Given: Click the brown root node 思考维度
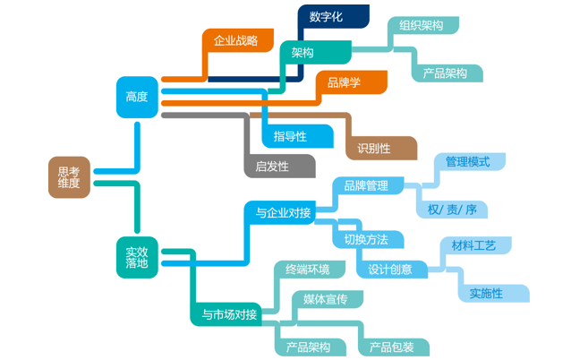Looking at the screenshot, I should pos(69,176).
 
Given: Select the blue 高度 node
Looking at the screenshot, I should pos(137,97).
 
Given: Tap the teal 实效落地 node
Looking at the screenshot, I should pos(137,256).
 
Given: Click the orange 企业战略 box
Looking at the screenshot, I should pos(236,40).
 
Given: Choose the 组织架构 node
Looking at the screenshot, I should pos(422,26).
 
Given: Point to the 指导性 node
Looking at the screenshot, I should pos(290,136).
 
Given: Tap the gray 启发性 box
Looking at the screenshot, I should pos(273,166).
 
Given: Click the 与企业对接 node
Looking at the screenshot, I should pos(283,212).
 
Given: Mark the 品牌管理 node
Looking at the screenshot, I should pos(366,185).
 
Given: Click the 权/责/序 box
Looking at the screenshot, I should pos(452,210).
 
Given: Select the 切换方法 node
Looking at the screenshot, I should pos(366,239).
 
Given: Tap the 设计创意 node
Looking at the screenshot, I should pos(391,269).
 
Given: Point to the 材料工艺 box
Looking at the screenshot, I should pos(473,245).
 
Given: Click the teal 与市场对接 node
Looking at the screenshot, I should pos(230,314).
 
